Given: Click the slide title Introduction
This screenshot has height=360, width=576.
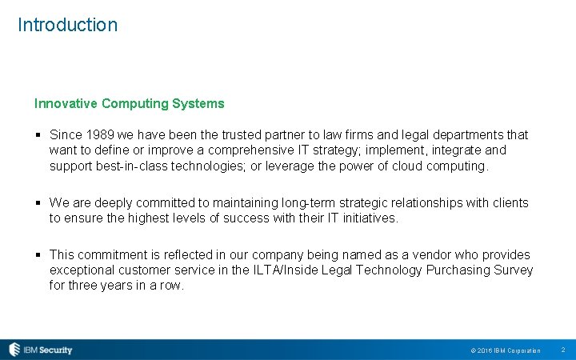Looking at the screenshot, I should point(67,25).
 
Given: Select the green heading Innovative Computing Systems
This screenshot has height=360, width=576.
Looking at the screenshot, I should point(129,103).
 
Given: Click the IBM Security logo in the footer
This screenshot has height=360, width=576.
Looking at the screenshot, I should point(41,350).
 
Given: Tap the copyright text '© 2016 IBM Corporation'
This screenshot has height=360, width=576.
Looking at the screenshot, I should point(506,350).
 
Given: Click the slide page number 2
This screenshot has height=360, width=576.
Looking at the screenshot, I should point(563,350).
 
